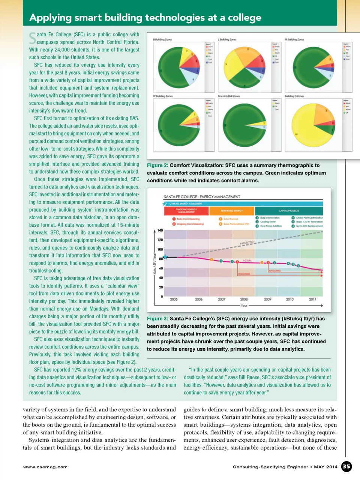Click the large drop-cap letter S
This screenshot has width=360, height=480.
pyautogui.click(x=33, y=38)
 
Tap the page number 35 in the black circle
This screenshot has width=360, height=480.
pyautogui.click(x=346, y=466)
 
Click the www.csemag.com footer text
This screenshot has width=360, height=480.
pyautogui.click(x=45, y=467)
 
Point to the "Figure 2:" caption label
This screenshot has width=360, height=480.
pyautogui.click(x=157, y=165)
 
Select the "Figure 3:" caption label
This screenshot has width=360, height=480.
pyautogui.click(x=157, y=319)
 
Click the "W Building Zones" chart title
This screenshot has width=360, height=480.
pyautogui.click(x=163, y=96)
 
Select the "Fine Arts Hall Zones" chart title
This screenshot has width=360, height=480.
pyautogui.click(x=229, y=96)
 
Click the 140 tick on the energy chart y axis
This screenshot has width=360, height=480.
pyautogui.click(x=160, y=230)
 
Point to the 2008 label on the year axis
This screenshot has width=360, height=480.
pyautogui.click(x=244, y=299)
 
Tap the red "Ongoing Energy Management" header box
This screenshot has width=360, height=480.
pyautogui.click(x=186, y=211)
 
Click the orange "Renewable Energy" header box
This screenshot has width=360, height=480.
pyautogui.click(x=232, y=211)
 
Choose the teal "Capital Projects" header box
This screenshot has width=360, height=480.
pyautogui.click(x=288, y=211)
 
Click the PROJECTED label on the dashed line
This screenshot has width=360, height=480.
pyautogui.click(x=247, y=243)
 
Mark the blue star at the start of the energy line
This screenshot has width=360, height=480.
pyautogui.click(x=165, y=257)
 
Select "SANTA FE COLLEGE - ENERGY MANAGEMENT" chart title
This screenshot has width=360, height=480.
pyautogui.click(x=202, y=197)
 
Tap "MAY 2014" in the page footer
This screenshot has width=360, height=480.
pyautogui.click(x=325, y=467)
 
